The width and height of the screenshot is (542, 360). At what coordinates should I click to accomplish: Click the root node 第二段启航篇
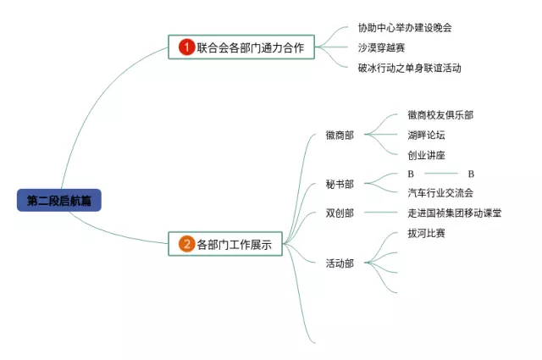(58, 201)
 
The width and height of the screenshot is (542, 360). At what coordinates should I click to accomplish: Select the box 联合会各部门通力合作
(241, 47)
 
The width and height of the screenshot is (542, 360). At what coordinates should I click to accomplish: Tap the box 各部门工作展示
(226, 245)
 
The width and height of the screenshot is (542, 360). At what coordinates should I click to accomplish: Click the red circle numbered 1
(187, 47)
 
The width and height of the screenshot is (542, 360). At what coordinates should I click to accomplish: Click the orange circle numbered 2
(186, 245)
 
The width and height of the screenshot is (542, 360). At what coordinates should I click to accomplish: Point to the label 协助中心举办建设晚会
(405, 27)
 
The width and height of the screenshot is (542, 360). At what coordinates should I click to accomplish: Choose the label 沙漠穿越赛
(381, 47)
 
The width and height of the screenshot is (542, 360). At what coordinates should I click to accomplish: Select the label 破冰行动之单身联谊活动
(410, 68)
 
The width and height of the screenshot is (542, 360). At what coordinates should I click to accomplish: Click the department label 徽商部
(340, 135)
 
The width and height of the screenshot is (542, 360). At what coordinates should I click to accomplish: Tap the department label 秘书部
(340, 184)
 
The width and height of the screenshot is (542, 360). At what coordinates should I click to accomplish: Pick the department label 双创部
(340, 213)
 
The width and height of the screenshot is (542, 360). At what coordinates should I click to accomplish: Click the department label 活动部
(340, 263)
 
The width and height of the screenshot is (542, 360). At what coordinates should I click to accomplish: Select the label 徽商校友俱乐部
(440, 114)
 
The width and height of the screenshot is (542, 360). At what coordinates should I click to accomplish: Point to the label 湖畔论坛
(426, 135)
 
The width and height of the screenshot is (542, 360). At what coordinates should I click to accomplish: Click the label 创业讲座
(426, 155)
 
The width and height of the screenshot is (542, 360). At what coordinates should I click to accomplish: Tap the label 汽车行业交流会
(440, 192)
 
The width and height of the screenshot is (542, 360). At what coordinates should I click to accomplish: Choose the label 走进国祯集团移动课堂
(454, 213)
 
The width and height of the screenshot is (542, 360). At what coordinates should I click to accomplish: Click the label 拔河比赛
(426, 233)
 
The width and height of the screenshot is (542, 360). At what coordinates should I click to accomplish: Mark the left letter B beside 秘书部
(411, 174)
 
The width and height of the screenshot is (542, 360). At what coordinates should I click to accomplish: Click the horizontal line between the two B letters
(440, 174)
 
